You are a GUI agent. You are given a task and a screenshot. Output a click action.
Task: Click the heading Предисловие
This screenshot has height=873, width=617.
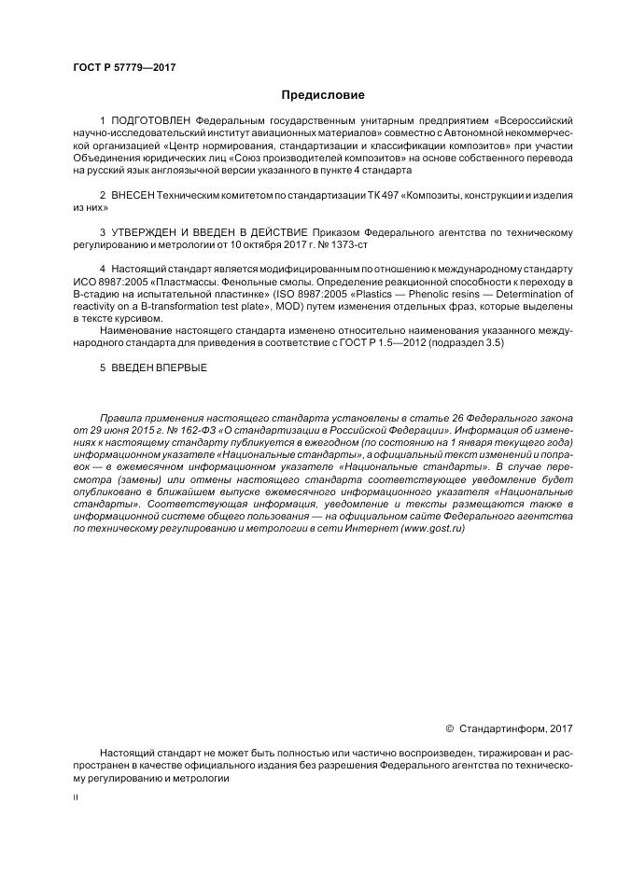click(323, 95)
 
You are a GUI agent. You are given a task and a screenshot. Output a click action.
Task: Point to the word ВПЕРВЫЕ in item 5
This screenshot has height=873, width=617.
click(183, 367)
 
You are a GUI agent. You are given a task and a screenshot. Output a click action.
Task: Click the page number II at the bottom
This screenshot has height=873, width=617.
click(76, 799)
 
